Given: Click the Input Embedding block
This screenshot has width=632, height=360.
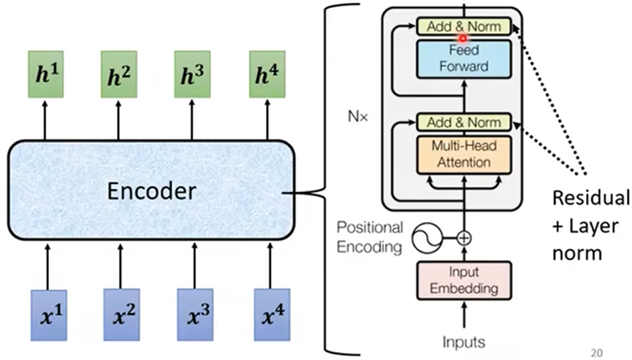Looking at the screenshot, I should click(462, 281).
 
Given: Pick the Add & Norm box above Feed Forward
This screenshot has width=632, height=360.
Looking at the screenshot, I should click(462, 26).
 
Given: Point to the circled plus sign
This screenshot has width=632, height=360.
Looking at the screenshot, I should click(463, 237).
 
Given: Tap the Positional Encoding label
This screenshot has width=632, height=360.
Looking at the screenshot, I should click(370, 237).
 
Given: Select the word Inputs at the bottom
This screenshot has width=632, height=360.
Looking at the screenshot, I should click(462, 340).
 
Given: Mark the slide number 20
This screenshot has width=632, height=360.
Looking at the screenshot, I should click(597, 351).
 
